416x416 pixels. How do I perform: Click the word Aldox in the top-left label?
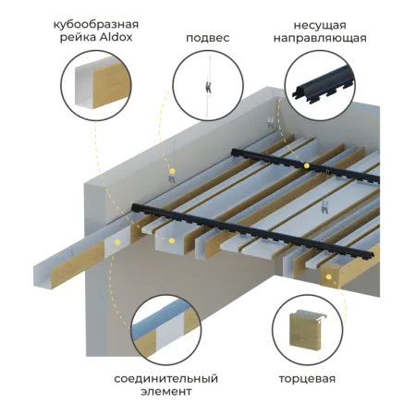coord(116,37)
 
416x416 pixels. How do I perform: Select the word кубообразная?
coord(96,24)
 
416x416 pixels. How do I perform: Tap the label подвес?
coord(208,38)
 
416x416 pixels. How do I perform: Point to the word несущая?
coord(320,25)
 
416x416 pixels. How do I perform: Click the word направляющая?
coord(320,39)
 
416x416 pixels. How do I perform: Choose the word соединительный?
coord(165,378)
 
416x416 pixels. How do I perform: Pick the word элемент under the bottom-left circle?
coord(166,392)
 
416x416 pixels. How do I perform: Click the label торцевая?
coord(307,379)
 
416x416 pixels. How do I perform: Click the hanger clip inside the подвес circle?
coord(208,87)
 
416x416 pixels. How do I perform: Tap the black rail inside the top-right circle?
coord(321,85)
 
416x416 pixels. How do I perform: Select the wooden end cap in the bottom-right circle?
coord(307,330)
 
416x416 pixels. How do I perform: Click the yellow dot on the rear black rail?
coord(306,166)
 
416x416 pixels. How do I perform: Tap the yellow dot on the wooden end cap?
coord(329,277)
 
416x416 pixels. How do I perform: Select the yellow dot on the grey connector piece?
coord(117,242)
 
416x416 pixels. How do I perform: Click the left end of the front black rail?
coord(134,207)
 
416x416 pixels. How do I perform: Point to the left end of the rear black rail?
coord(234,152)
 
